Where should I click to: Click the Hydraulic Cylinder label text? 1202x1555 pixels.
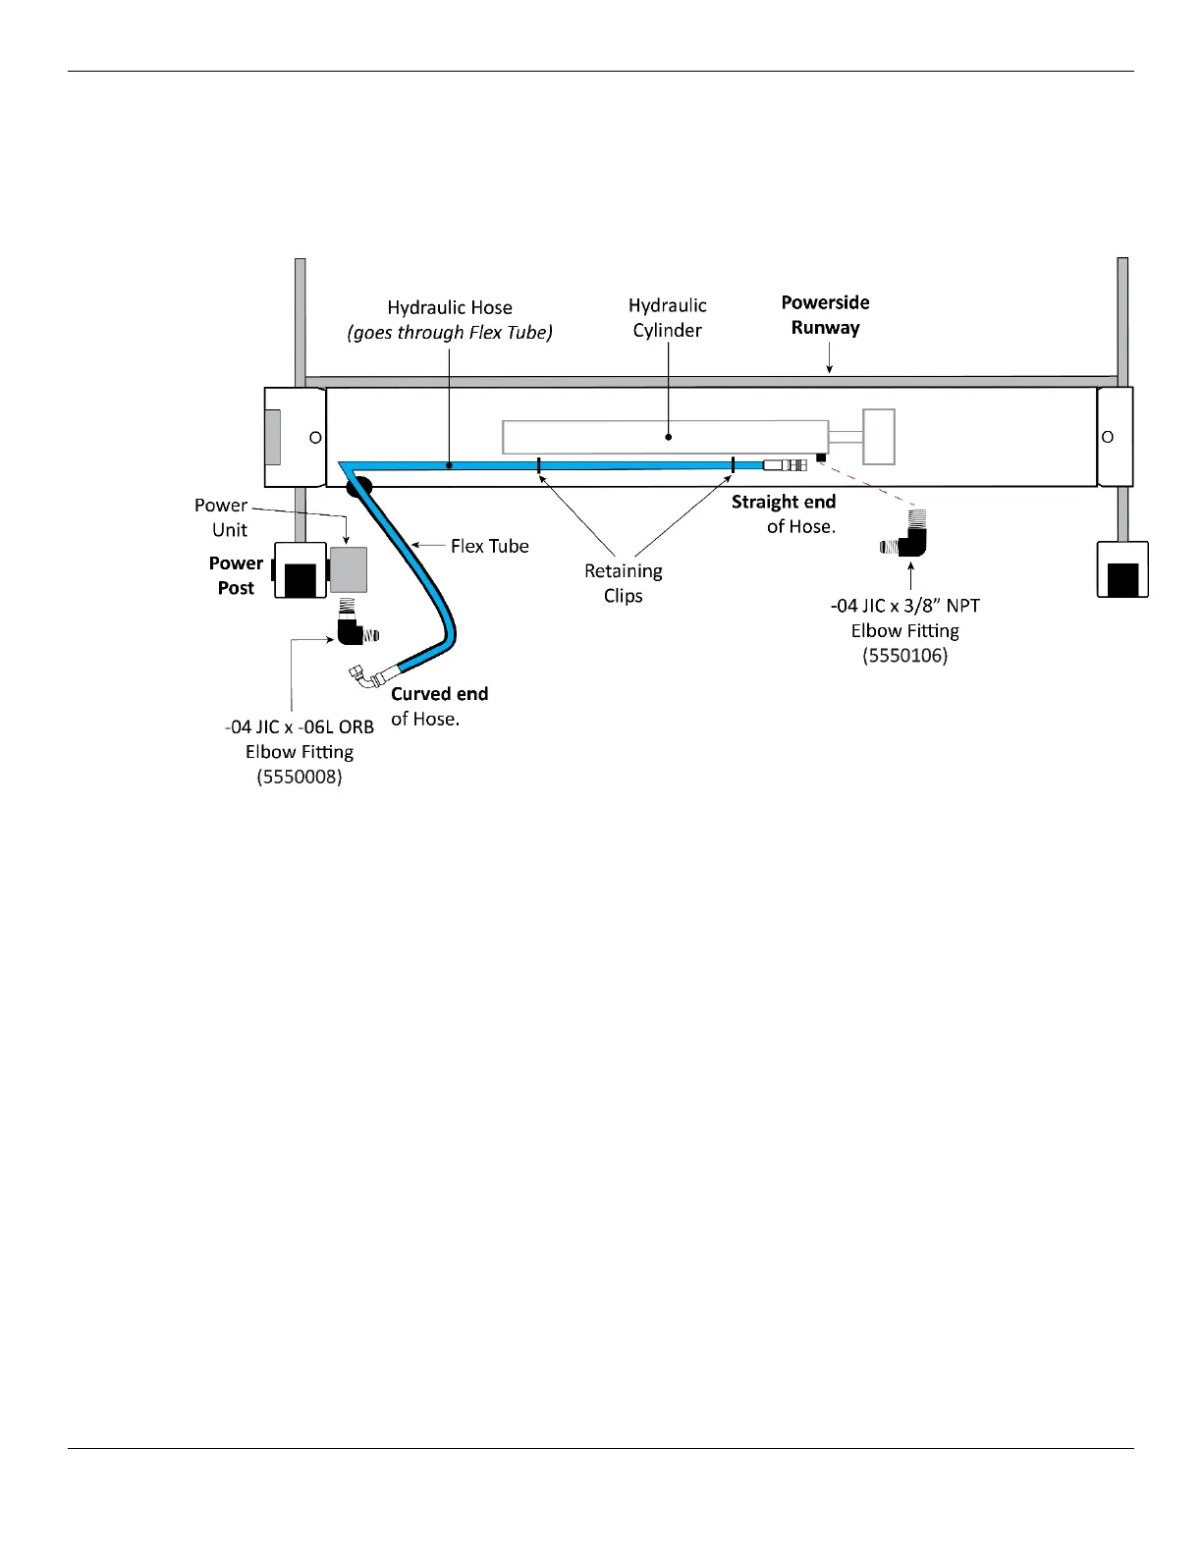pos(667,318)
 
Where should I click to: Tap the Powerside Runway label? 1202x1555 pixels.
pos(825,315)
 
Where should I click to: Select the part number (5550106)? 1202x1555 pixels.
pos(904,656)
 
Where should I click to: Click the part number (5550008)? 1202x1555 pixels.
pos(299,777)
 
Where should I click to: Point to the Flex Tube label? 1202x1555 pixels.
pos(489,546)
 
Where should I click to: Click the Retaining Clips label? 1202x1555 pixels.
pos(623,583)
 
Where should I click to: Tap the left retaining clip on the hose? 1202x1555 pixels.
pos(539,465)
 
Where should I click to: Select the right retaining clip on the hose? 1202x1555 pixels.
pos(733,465)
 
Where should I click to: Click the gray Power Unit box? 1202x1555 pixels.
pos(349,569)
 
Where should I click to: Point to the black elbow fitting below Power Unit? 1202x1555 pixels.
pos(351,629)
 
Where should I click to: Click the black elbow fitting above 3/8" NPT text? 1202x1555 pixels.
pos(911,540)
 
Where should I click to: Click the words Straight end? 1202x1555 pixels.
pos(783,502)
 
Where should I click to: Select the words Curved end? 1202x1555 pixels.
pos(439,694)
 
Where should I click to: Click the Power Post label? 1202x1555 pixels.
pos(236,575)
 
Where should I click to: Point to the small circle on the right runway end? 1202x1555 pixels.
pos(1108,437)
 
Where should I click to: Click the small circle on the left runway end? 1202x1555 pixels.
pos(316,438)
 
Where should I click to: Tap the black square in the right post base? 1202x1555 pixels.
pos(1123,579)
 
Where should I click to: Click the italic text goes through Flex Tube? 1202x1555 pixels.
pos(450,333)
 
